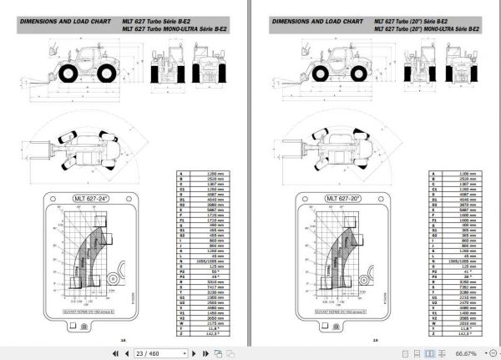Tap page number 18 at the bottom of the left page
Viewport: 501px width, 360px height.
(123, 340)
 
